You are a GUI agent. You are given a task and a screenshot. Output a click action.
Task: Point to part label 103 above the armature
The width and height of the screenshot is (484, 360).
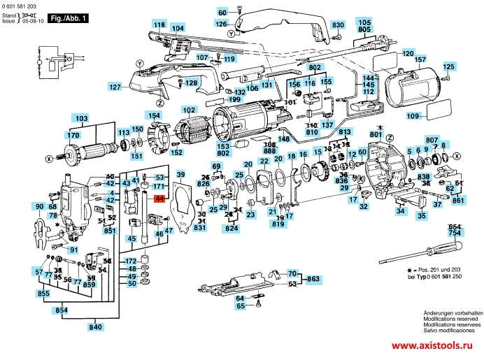click(82, 118)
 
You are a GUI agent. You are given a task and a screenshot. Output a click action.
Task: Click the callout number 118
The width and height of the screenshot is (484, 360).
click(159, 25)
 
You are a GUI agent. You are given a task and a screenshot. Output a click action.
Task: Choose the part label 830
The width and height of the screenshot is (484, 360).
click(338, 25)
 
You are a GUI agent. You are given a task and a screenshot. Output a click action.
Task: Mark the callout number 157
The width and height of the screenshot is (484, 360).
click(420, 60)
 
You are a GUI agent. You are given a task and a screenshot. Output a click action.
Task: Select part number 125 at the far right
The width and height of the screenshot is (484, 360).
click(448, 67)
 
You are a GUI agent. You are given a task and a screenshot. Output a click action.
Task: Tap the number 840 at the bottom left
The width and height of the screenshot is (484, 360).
click(95, 326)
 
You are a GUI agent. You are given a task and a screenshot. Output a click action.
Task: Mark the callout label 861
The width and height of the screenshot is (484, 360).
click(457, 201)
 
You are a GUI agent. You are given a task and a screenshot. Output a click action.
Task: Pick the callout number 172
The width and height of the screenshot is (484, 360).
click(131, 261)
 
